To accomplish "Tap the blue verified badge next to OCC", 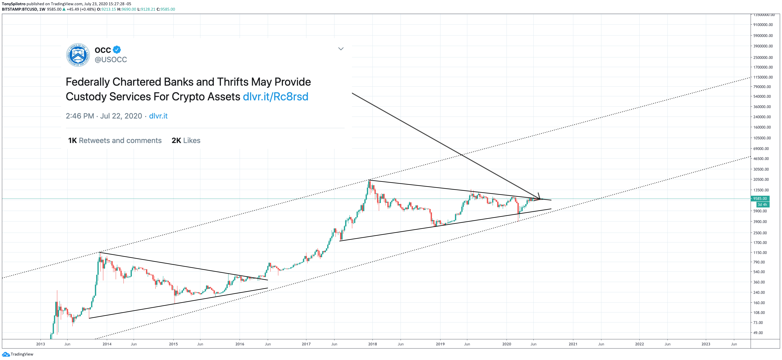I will coord(117,50).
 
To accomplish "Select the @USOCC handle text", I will coord(111,60).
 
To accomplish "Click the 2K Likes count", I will coord(186,140).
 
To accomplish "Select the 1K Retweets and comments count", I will coord(115,140).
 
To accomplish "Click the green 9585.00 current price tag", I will coord(760,199).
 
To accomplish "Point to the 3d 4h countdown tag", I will coord(762,205).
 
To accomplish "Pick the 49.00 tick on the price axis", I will coord(758,333).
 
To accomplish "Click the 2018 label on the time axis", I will coord(372,344).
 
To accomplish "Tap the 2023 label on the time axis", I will coord(706,344).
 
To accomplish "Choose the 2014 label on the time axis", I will coord(107,344).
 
